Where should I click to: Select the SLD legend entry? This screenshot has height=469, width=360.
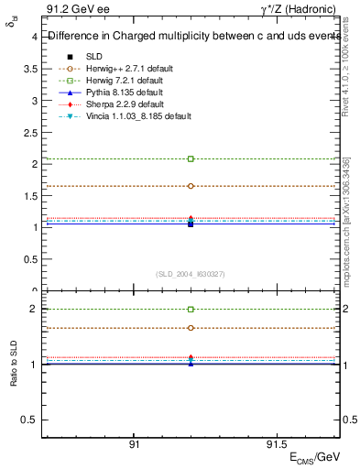tap(95, 56)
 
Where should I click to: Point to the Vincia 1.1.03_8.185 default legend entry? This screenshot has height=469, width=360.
tap(137, 116)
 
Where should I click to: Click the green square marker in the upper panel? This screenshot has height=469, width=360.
tap(191, 159)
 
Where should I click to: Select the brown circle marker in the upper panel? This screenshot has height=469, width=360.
tap(191, 186)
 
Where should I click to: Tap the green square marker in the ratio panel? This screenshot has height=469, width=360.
tap(191, 310)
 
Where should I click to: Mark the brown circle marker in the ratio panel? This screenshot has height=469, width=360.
tap(191, 328)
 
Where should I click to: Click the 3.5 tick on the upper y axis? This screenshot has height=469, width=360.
tap(32, 69)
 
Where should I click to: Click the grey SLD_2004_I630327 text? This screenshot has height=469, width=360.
tap(191, 273)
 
